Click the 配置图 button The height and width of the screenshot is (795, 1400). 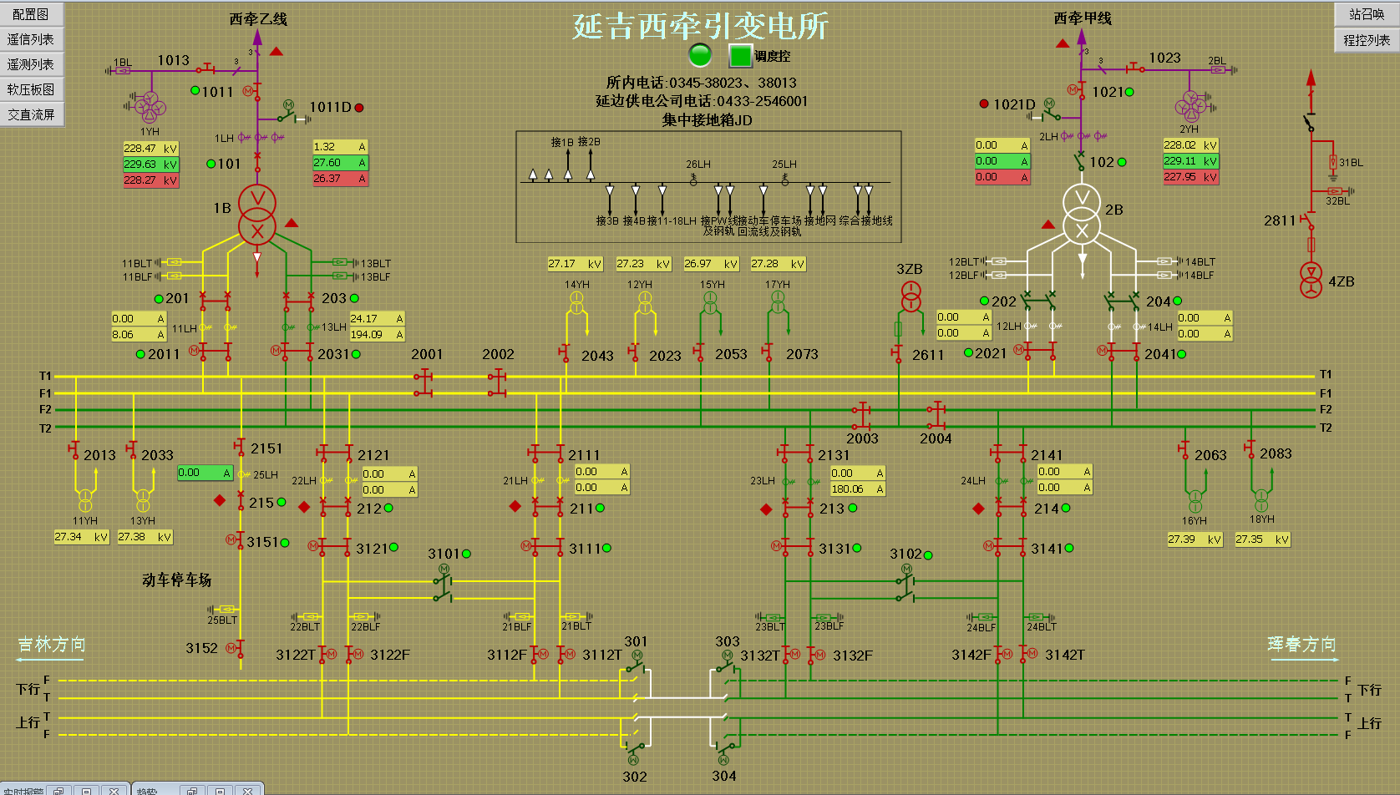31,14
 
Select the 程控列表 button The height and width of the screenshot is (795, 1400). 1367,39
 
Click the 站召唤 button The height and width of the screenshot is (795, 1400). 1367,14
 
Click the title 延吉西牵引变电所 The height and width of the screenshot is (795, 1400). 700,25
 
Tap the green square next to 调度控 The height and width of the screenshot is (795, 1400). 740,56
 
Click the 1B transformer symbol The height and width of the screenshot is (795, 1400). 257,215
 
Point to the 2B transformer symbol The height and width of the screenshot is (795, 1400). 1082,214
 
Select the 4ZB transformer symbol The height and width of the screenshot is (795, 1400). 1311,281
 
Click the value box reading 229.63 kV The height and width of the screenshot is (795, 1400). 150,165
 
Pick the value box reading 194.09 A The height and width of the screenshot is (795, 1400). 377,335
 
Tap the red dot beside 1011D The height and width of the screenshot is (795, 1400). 359,108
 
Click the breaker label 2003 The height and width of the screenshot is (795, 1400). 862,438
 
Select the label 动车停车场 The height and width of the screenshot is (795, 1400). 176,580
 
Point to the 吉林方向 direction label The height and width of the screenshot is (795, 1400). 52,645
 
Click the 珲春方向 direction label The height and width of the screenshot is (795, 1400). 1301,645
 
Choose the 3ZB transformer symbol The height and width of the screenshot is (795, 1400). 911,296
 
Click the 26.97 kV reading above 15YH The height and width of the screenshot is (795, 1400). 711,264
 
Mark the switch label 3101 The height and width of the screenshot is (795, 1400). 444,554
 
